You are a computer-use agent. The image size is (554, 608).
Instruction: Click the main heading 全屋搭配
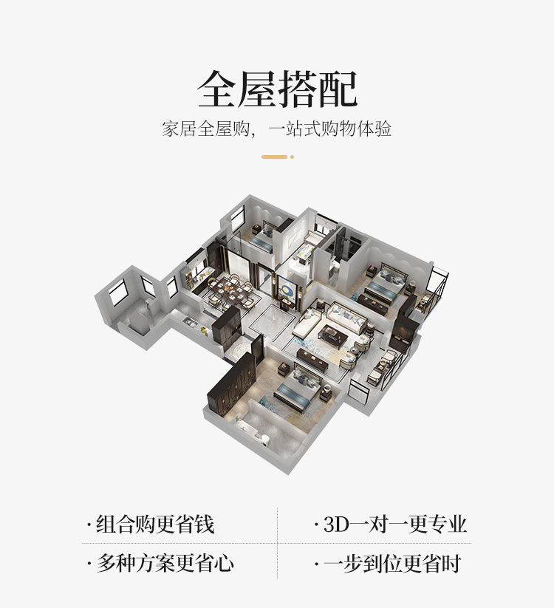[x=277, y=89]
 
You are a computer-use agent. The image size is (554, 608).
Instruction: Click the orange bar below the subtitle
[x=274, y=157]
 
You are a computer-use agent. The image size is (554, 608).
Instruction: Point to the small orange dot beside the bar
[x=292, y=157]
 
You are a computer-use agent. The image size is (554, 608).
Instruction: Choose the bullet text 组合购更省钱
[x=155, y=525]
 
